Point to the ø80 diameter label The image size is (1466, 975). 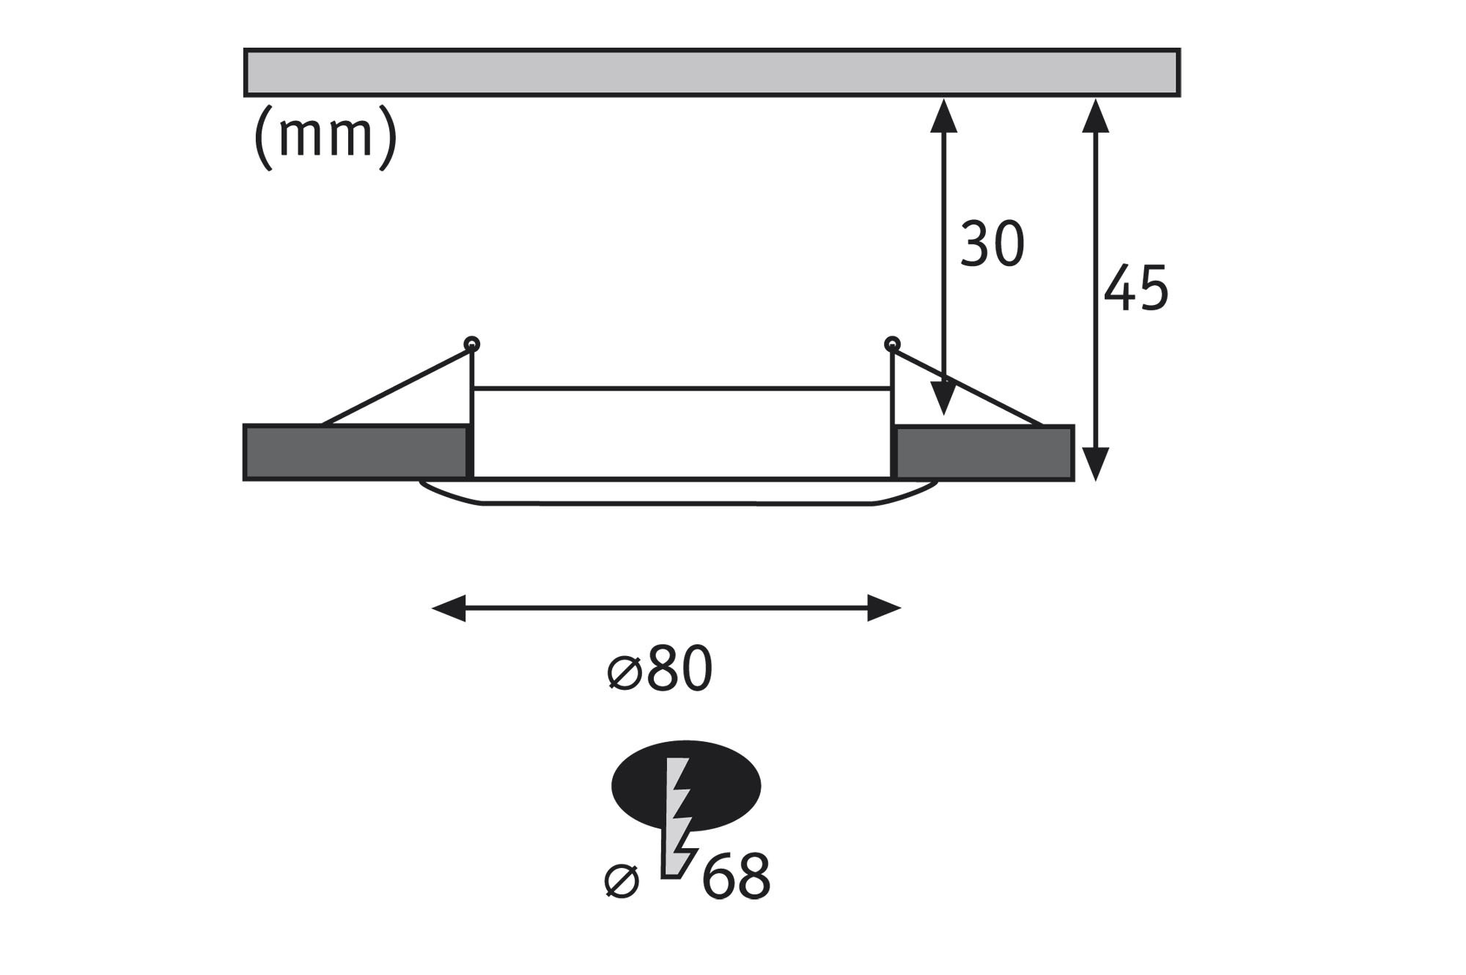click(x=660, y=669)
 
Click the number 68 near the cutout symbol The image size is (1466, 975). click(x=735, y=875)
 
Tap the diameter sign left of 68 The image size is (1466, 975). click(x=622, y=880)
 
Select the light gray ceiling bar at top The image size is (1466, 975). click(x=711, y=73)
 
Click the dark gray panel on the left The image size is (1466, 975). click(x=356, y=453)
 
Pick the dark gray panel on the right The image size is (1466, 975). click(x=984, y=453)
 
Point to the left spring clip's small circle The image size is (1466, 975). click(x=472, y=343)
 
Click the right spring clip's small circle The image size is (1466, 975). click(x=892, y=342)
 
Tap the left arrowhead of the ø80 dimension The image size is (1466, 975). click(x=449, y=608)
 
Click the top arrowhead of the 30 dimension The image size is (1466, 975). click(x=943, y=115)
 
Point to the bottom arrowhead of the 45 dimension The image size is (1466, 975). click(x=1095, y=464)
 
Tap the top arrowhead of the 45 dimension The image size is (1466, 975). click(x=1095, y=115)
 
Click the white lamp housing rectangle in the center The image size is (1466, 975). click(x=682, y=433)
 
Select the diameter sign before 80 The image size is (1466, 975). click(x=625, y=672)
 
